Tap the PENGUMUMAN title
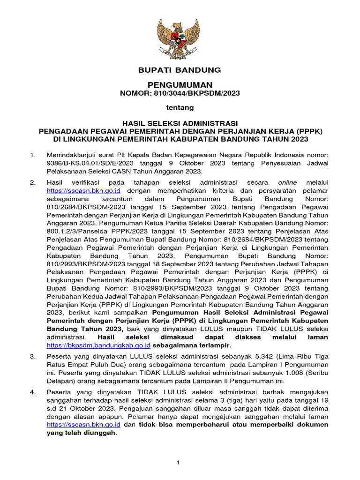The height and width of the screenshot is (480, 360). (x=180, y=85)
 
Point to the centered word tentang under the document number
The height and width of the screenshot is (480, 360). (x=180, y=108)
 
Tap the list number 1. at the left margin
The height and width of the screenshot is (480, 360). (x=33, y=154)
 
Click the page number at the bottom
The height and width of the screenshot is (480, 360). (x=178, y=463)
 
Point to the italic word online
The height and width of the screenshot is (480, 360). (x=287, y=182)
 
